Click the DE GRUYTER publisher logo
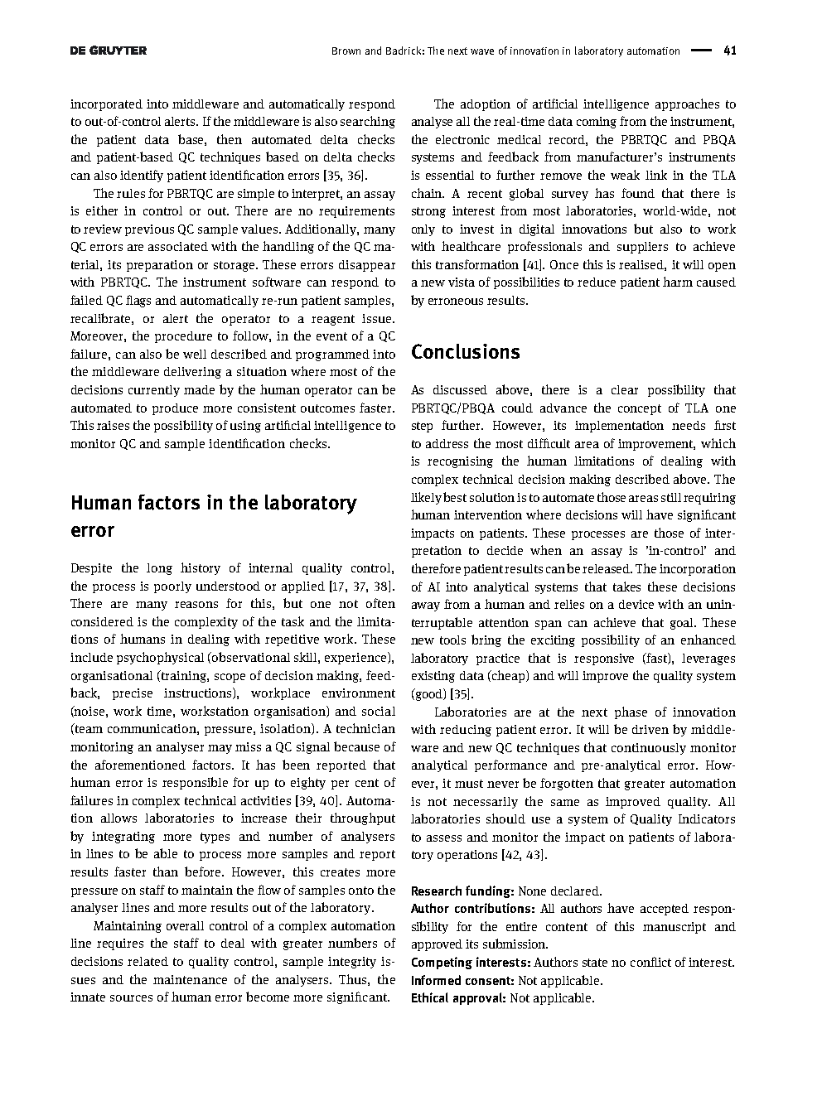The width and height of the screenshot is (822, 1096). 109,51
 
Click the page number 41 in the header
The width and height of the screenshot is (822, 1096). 729,51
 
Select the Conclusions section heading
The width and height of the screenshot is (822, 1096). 465,352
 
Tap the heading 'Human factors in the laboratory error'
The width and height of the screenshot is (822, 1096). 213,516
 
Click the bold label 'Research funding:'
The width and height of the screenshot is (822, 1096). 462,891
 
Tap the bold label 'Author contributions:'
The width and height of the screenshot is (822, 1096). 472,909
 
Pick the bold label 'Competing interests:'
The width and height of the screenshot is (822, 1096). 471,963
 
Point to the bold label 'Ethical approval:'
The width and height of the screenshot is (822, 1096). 458,998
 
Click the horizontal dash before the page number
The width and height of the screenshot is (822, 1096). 701,51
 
